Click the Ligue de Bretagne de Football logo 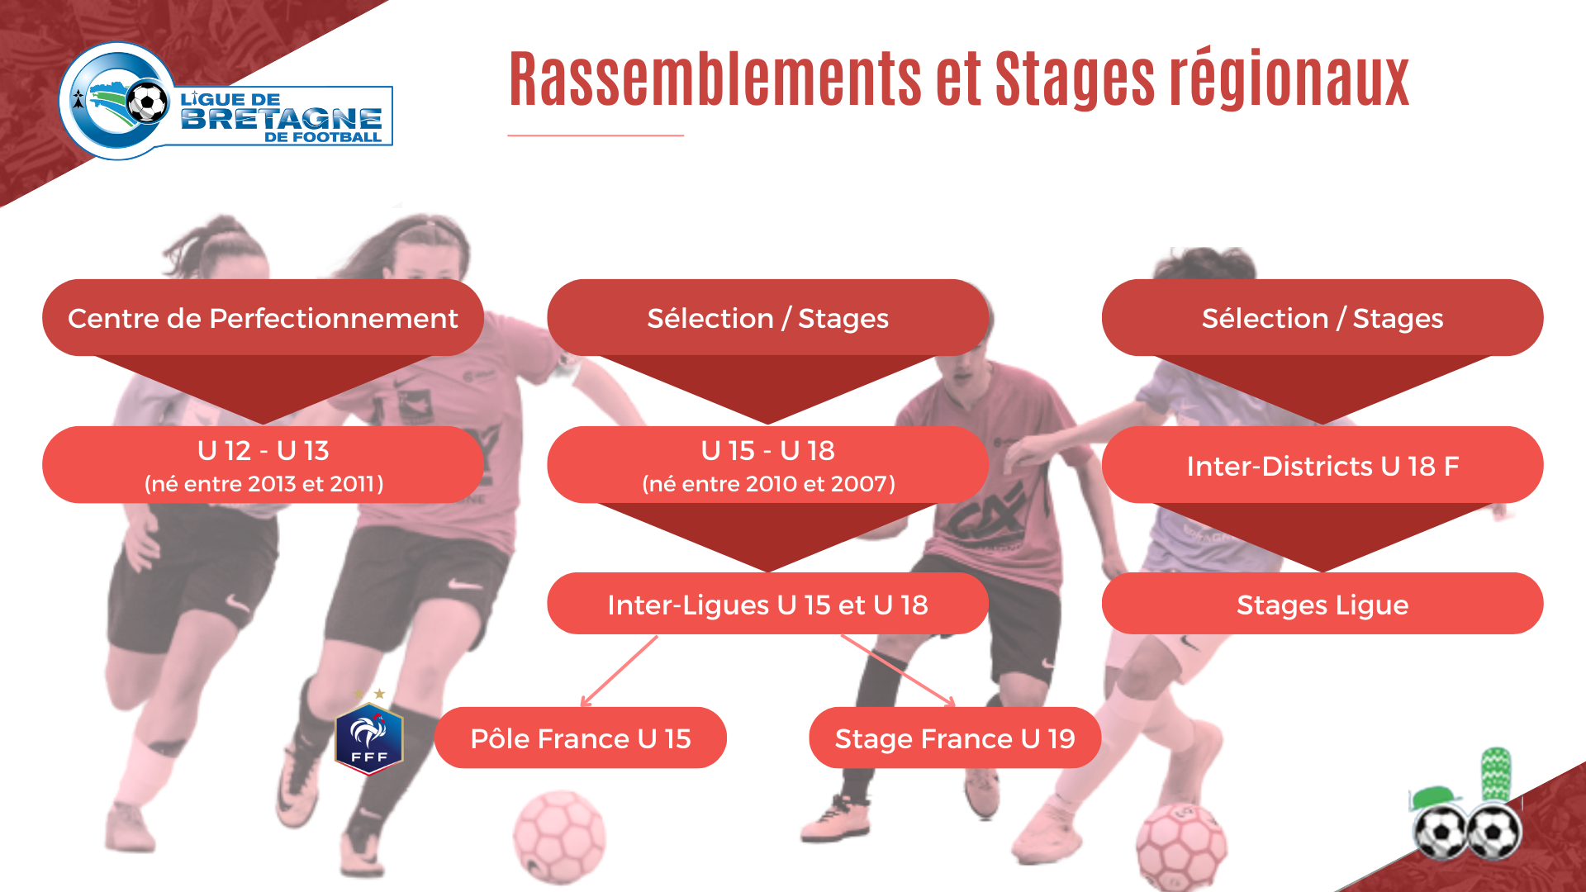point(226,102)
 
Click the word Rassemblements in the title point(715,79)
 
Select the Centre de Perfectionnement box point(263,318)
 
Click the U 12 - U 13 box point(263,465)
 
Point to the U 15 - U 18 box point(767,465)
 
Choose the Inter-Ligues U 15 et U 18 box point(767,604)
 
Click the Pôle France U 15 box point(581,738)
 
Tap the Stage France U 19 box point(955,738)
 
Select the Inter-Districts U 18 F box point(1322,465)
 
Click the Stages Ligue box point(1322,604)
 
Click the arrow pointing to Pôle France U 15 point(620,671)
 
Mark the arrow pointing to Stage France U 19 point(898,671)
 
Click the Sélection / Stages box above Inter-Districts point(1322,318)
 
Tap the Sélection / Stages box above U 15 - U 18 point(767,318)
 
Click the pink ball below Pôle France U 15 point(559,837)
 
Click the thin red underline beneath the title point(596,135)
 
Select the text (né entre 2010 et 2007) point(768,484)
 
